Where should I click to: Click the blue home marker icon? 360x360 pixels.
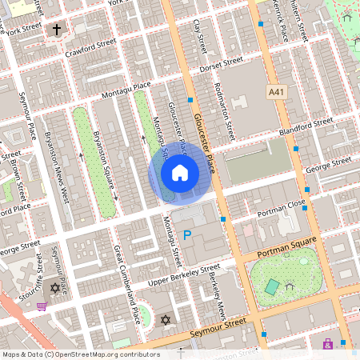click(180, 172)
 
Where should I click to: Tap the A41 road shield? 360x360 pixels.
click(277, 93)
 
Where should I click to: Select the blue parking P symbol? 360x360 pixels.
click(187, 235)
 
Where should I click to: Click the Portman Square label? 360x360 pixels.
click(287, 246)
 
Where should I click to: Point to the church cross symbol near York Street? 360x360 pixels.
click(57, 30)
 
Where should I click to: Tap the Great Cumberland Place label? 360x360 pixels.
click(126, 284)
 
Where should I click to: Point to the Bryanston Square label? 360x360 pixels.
click(105, 160)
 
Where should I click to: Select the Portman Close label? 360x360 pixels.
click(280, 210)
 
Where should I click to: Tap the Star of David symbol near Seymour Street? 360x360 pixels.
click(166, 320)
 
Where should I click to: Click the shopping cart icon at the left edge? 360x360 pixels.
click(41, 304)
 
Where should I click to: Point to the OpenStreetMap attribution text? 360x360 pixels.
click(80, 354)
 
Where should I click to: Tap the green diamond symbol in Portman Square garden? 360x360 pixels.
click(273, 286)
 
